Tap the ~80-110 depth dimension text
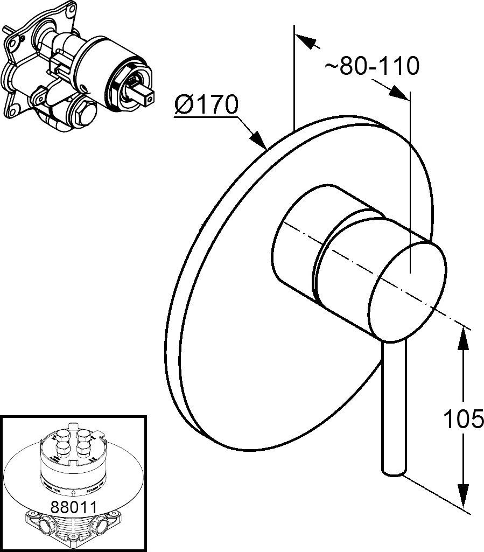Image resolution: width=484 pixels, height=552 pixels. pos(371,66)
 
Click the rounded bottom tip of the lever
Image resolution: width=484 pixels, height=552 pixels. pos(392,472)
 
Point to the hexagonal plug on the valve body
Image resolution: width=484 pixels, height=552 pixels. pos(83,116)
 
